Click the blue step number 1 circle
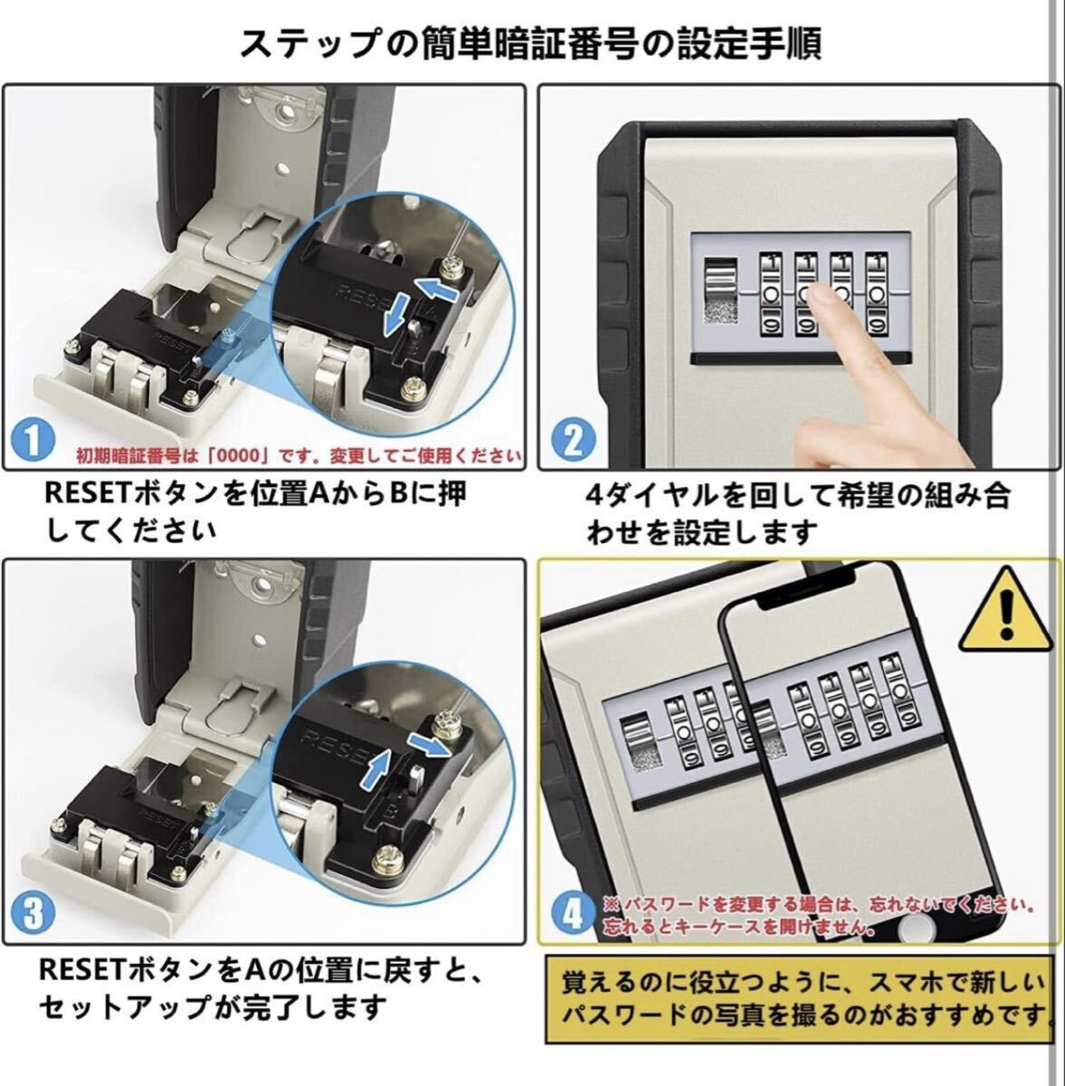pyautogui.click(x=33, y=440)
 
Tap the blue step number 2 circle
pyautogui.click(x=573, y=440)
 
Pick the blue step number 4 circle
pyautogui.click(x=573, y=915)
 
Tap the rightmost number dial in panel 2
pyautogui.click(x=879, y=293)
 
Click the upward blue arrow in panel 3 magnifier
pyautogui.click(x=377, y=772)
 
